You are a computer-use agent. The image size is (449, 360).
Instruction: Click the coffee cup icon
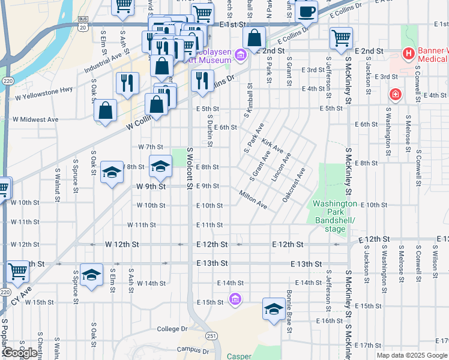point(307,11)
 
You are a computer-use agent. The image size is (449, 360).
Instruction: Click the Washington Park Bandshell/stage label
point(334,216)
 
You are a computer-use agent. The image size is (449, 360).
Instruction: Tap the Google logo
point(20,353)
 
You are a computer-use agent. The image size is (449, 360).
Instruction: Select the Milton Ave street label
point(253,200)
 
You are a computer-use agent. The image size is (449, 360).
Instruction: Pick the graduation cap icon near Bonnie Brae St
point(274,309)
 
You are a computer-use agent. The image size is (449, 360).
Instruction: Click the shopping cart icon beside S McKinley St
point(341,38)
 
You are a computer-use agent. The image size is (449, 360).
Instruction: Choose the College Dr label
point(172,329)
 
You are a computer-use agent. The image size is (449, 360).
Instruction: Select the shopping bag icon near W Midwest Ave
point(106,111)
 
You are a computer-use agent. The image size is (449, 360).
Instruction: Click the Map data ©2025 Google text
point(412,355)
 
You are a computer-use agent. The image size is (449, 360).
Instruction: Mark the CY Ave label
point(20,295)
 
